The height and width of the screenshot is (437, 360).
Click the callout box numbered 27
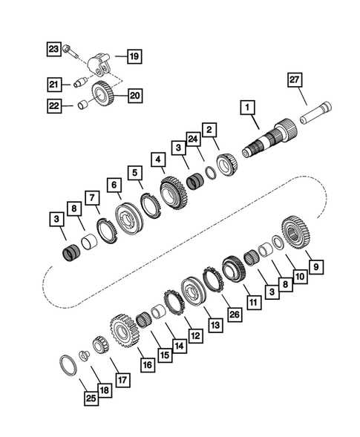pyautogui.click(x=294, y=79)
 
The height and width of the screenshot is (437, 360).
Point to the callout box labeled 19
pyautogui.click(x=134, y=56)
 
